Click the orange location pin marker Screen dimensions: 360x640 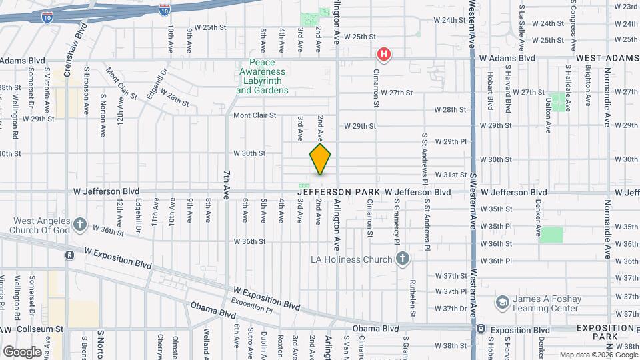click(x=320, y=159)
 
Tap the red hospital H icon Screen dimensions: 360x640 click(x=384, y=54)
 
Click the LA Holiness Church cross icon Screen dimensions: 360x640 click(x=402, y=259)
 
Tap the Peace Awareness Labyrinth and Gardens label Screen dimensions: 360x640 click(x=262, y=81)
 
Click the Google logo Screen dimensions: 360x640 click(x=21, y=352)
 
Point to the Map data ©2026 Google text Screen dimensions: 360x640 click(x=597, y=355)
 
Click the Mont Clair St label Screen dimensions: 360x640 click(x=255, y=115)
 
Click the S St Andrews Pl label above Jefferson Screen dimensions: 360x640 click(x=425, y=157)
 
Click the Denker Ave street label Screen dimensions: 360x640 click(x=537, y=221)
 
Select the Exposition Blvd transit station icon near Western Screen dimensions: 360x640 click(x=481, y=329)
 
